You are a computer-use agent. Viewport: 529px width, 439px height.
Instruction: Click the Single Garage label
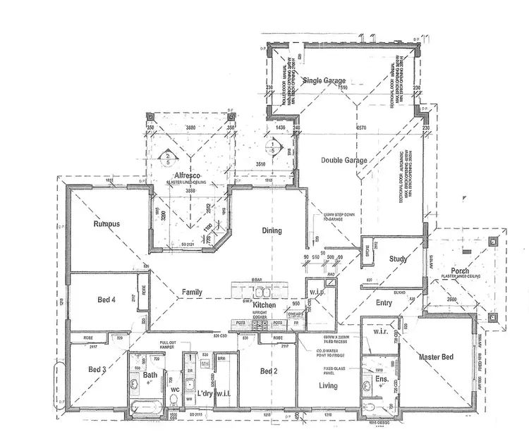pos(324,81)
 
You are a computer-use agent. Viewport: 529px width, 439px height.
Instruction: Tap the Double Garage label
pos(345,161)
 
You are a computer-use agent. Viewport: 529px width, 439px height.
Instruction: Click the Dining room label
pos(272,230)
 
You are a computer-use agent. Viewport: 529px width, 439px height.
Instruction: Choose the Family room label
pos(192,291)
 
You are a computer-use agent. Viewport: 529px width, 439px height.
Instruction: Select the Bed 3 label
pos(97,369)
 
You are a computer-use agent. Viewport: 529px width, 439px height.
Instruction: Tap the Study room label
pos(399,259)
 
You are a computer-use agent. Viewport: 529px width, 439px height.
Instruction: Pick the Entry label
pos(384,303)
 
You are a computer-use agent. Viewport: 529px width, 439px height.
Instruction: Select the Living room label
pos(327,385)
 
